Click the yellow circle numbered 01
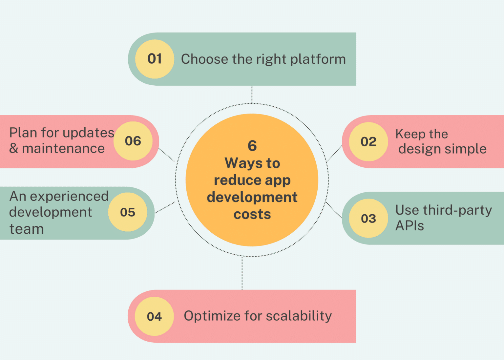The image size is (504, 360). tap(155, 59)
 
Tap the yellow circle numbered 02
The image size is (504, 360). tap(368, 142)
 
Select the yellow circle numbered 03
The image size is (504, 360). tap(368, 218)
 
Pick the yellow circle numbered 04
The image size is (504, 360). tap(154, 316)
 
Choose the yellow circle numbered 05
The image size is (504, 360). tap(128, 212)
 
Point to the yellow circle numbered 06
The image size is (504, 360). tap(133, 141)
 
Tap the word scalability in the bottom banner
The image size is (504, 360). tap(299, 316)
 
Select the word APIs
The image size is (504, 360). tap(409, 226)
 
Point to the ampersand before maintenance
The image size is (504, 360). tap(13, 148)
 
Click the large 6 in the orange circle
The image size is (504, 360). tap(252, 146)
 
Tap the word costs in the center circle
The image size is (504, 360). tap(252, 214)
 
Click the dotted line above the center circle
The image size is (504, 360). tap(252, 95)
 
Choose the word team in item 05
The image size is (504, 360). tap(27, 229)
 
